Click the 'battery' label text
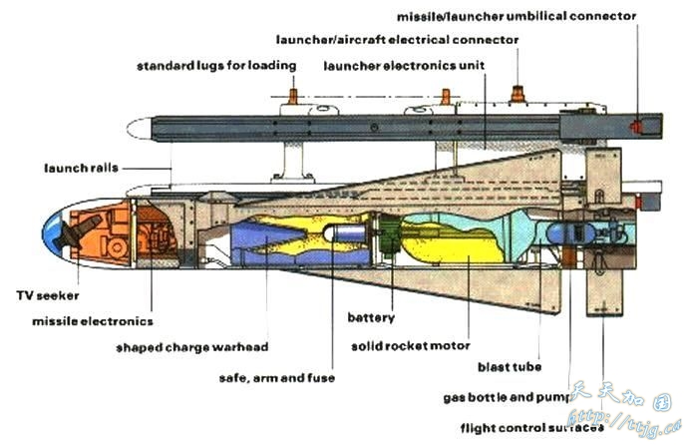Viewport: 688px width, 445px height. [x=371, y=318]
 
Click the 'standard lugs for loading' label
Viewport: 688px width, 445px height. [x=216, y=66]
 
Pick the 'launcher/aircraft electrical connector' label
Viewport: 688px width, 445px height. [x=398, y=40]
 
